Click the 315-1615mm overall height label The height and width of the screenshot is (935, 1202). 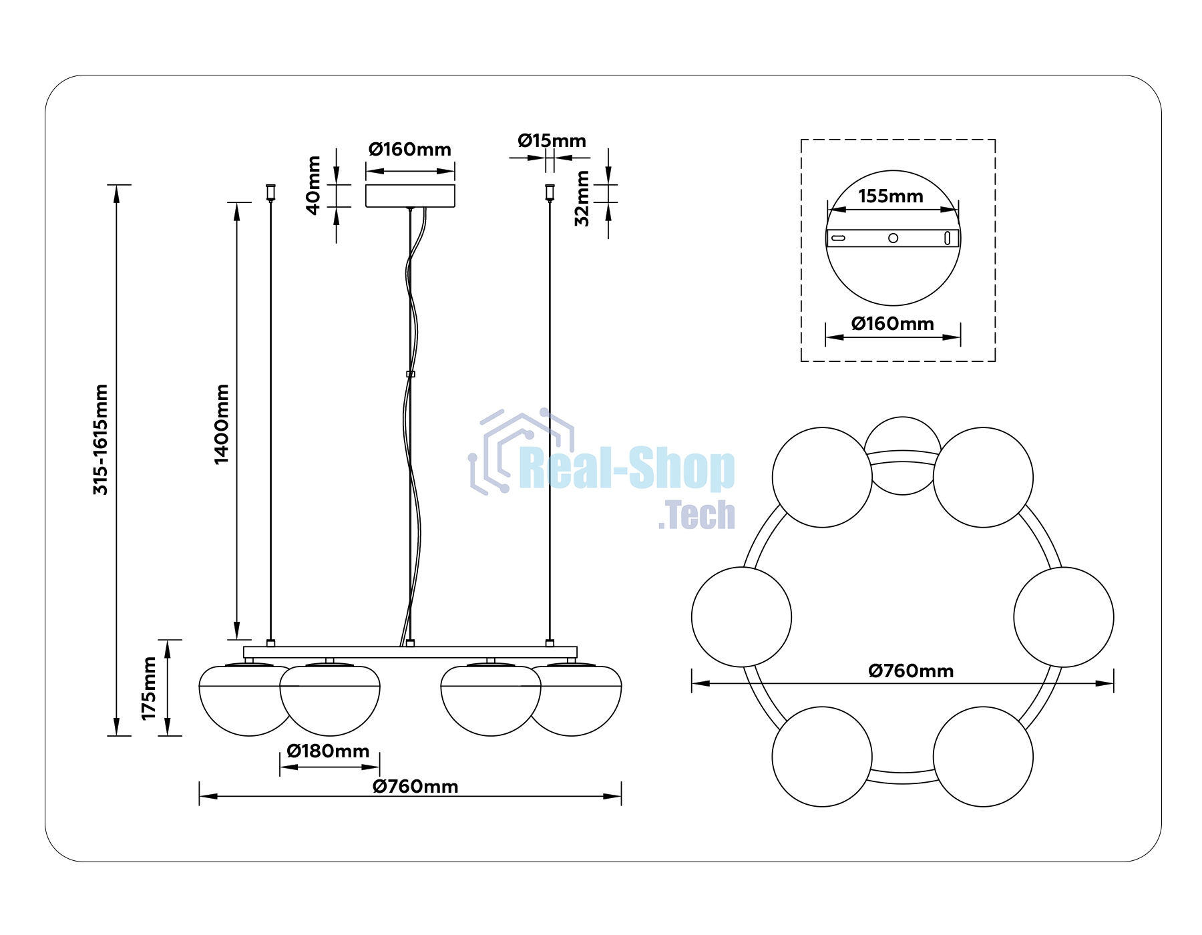(x=100, y=439)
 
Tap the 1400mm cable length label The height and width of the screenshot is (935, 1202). (x=221, y=424)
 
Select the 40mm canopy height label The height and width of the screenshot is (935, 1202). (x=313, y=185)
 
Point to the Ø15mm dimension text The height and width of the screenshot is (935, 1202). (x=552, y=140)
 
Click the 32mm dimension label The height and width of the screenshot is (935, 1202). (x=582, y=198)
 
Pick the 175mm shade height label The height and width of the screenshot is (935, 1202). (x=148, y=688)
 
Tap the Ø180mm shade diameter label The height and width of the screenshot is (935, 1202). (x=328, y=751)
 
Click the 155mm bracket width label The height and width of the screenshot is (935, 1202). (x=891, y=196)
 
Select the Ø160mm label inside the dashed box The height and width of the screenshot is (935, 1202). (x=892, y=323)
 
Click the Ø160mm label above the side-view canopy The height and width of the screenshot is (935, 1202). (x=409, y=149)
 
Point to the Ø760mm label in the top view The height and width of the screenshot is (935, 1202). (x=911, y=671)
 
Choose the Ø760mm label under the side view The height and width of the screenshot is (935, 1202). (x=415, y=786)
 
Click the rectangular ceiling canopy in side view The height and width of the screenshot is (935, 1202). (x=410, y=196)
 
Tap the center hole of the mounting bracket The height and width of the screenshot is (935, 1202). (x=893, y=238)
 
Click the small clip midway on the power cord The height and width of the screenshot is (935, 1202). (x=410, y=374)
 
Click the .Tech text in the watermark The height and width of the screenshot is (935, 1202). (x=696, y=515)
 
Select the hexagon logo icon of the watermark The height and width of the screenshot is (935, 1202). (x=521, y=451)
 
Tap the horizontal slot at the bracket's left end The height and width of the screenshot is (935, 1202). (x=838, y=238)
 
